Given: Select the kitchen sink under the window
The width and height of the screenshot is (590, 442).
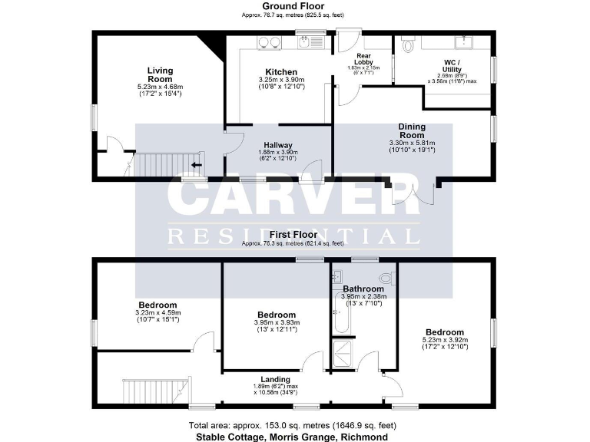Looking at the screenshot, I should [310, 43].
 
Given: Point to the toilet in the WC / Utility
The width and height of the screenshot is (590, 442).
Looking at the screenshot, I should [407, 46].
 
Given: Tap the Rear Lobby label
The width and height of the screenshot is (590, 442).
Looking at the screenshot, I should [364, 60].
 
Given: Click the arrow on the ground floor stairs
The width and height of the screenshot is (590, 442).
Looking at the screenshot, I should [197, 163].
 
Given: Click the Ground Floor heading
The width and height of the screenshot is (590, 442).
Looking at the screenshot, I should [295, 6].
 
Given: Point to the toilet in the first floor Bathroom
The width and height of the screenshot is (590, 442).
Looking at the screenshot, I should [385, 278].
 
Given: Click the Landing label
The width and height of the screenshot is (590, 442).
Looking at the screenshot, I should [275, 379].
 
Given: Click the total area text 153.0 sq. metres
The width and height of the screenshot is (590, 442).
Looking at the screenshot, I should [293, 425].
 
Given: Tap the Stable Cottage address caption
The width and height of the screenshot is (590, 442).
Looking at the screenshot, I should [293, 436].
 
